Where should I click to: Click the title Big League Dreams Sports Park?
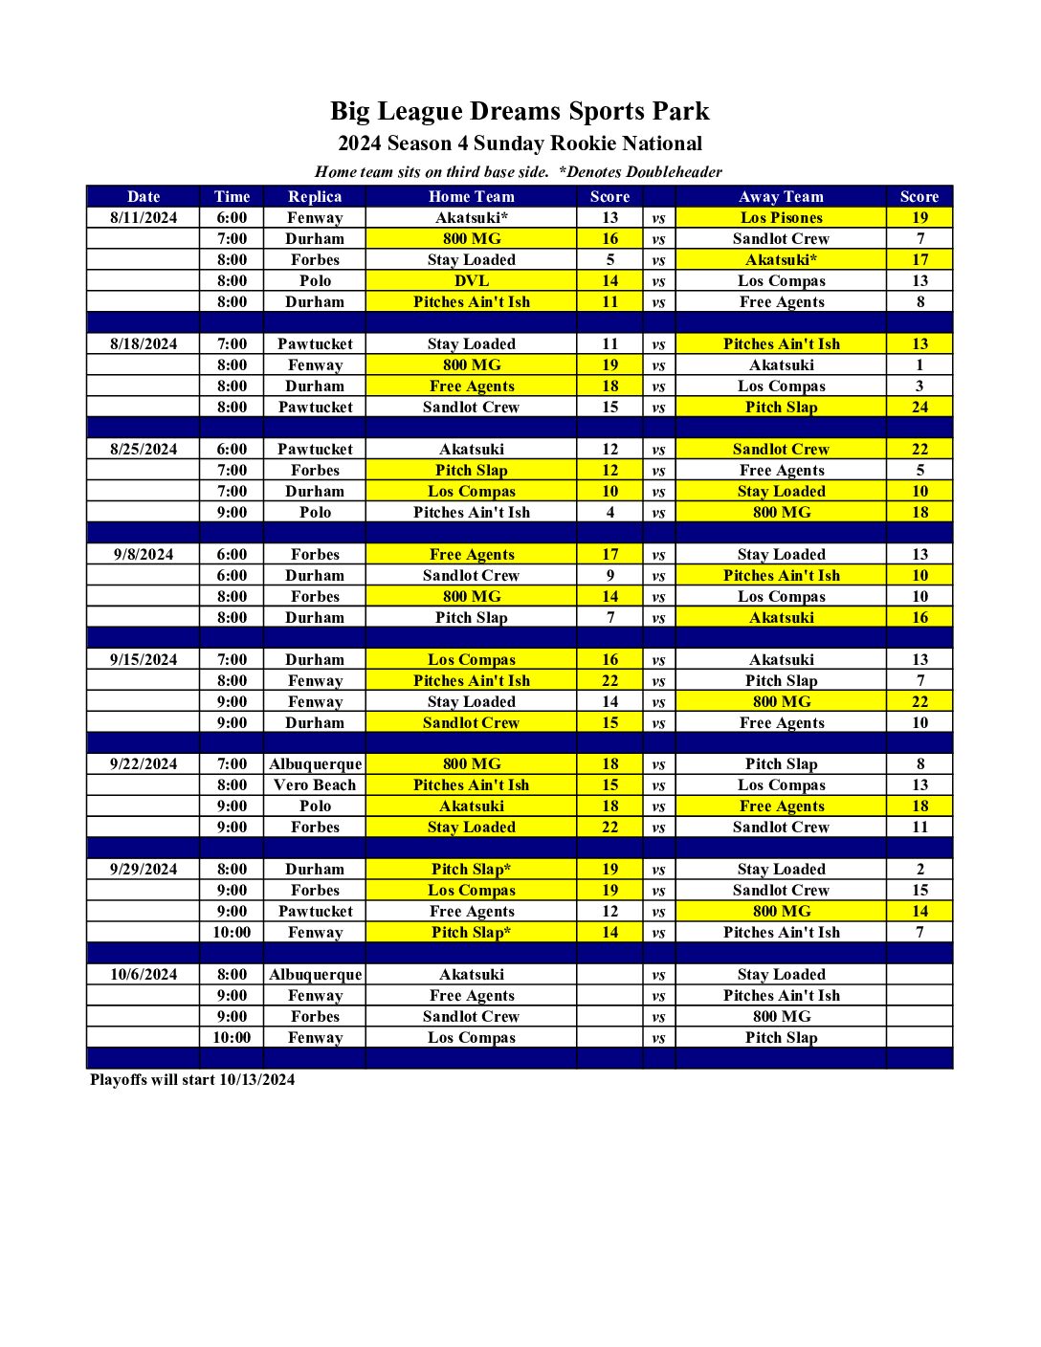pyautogui.click(x=520, y=111)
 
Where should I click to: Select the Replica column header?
pyautogui.click(x=315, y=196)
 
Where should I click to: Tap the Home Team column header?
pyautogui.click(x=471, y=196)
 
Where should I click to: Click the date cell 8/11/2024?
pyautogui.click(x=144, y=218)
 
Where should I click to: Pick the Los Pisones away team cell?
pyautogui.click(x=781, y=218)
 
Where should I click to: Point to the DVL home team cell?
pyautogui.click(x=471, y=281)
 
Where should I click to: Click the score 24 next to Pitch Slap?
pyautogui.click(x=919, y=408)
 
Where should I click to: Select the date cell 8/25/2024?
pyautogui.click(x=144, y=450)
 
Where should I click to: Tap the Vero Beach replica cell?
pyautogui.click(x=315, y=785)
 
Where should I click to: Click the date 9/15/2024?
pyautogui.click(x=144, y=660)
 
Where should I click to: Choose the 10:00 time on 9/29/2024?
pyautogui.click(x=232, y=933)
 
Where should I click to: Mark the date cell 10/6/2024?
pyautogui.click(x=144, y=975)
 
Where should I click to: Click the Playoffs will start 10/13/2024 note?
pyautogui.click(x=192, y=1080)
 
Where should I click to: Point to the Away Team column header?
pyautogui.click(x=781, y=196)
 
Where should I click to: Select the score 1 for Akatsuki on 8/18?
pyautogui.click(x=919, y=365)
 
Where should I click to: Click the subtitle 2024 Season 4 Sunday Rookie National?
pyautogui.click(x=520, y=144)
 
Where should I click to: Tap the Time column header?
pyautogui.click(x=232, y=196)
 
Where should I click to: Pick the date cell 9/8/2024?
pyautogui.click(x=144, y=555)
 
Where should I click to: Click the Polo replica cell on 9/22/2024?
pyautogui.click(x=315, y=806)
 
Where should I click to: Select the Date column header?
pyautogui.click(x=144, y=196)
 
